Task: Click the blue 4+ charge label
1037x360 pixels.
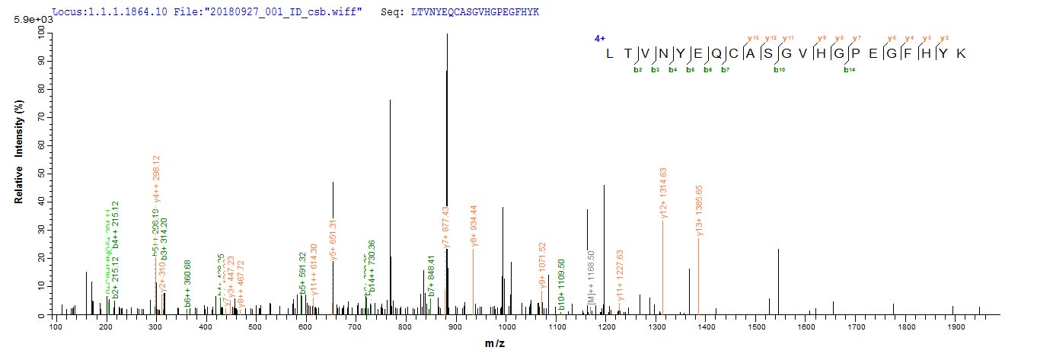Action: click(x=599, y=38)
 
